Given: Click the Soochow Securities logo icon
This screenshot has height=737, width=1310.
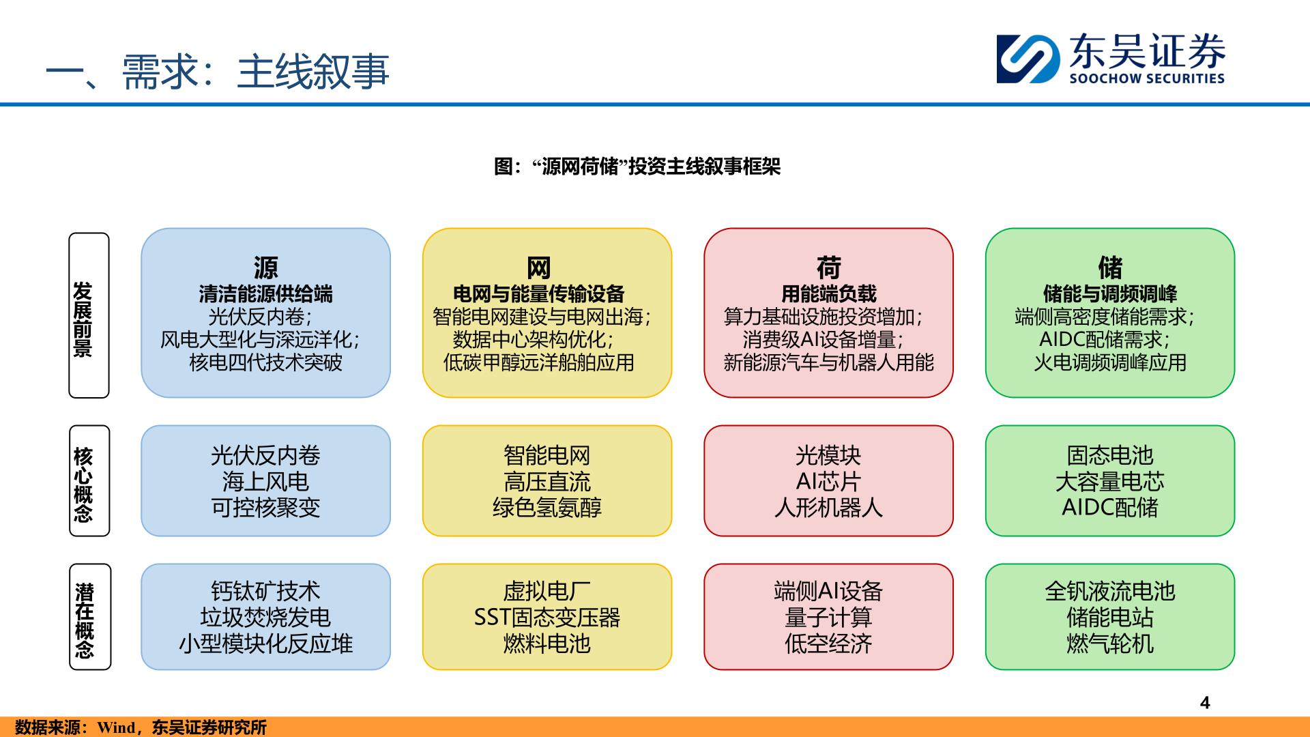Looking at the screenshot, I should (1028, 59).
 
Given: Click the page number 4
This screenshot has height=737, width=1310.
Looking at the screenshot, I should (1205, 703).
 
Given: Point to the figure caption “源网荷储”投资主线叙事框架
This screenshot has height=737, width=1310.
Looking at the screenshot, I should (637, 167).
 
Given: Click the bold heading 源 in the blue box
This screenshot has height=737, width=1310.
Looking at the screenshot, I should (265, 268).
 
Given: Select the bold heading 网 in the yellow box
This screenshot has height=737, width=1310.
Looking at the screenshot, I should (538, 268).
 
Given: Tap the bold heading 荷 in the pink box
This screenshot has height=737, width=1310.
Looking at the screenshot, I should (828, 268).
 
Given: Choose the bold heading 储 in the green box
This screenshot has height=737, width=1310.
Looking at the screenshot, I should (1109, 268).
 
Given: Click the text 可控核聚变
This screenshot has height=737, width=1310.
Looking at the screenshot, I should (265, 508).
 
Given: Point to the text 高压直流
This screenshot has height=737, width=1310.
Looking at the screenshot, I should (547, 482).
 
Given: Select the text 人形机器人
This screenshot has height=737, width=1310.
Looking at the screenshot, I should (828, 508).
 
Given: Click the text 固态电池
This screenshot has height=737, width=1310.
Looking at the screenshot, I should (1109, 455).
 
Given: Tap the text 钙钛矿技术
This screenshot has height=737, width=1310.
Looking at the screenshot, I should (265, 591).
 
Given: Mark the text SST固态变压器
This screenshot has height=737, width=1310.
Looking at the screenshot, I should (547, 618).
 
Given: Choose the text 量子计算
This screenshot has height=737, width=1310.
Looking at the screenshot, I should (828, 618).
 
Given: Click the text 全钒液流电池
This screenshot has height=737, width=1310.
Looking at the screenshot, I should (1109, 591).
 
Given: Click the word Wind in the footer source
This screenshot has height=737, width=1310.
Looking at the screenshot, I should (116, 727).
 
